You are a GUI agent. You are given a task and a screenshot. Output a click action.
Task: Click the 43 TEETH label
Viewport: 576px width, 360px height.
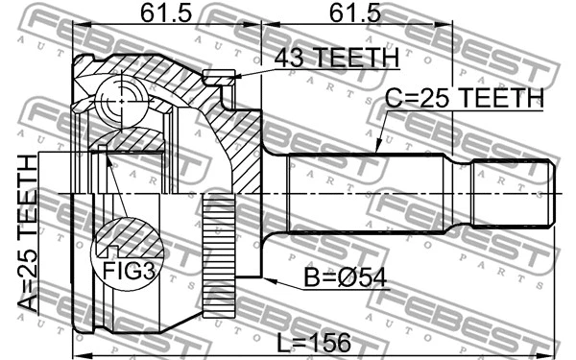[336, 60]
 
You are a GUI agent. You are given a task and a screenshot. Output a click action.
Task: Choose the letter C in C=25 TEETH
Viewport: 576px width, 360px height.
[395, 98]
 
